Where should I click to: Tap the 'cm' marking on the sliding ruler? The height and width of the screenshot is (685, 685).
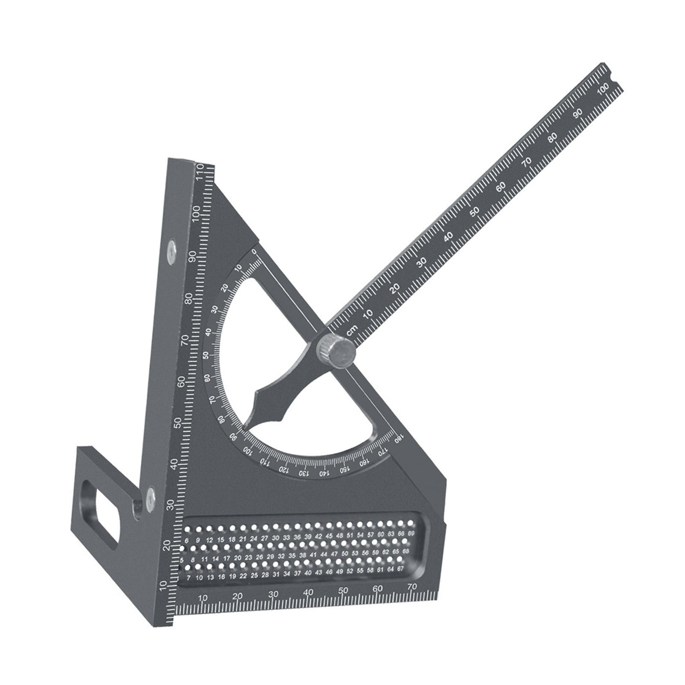(352, 330)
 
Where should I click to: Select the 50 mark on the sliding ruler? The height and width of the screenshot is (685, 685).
(474, 212)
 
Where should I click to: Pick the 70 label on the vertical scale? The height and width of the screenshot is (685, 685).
(185, 340)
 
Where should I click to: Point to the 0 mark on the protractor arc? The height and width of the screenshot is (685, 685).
(254, 252)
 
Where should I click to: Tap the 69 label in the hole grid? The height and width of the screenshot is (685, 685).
(411, 533)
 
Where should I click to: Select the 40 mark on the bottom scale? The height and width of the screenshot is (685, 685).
(308, 593)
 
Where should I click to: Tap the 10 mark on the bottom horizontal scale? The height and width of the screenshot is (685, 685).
(203, 598)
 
